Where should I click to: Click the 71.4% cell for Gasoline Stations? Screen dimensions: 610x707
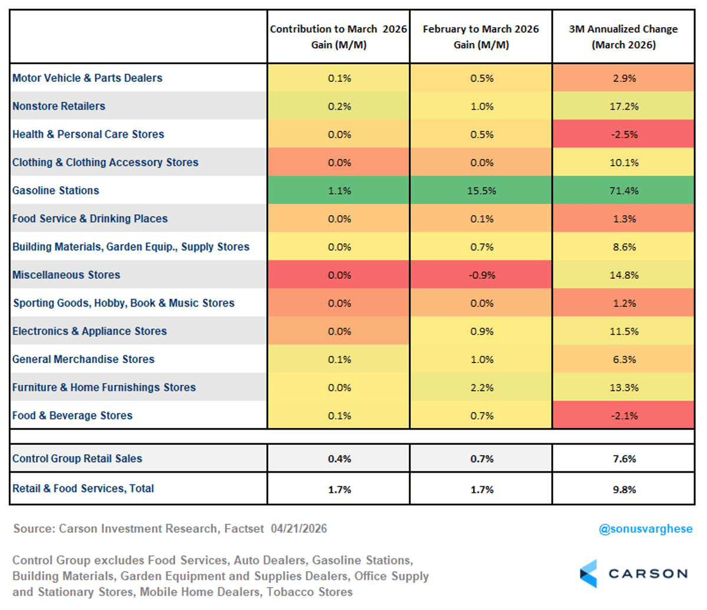tap(624, 190)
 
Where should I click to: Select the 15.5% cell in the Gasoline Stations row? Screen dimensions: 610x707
tap(481, 190)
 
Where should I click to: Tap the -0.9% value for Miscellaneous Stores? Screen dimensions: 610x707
tap(481, 275)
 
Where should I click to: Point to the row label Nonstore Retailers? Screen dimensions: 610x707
tap(59, 106)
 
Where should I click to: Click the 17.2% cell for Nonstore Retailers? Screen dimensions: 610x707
tap(624, 106)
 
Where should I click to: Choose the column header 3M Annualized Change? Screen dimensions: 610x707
tap(623, 37)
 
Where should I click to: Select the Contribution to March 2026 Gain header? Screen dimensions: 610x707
tap(339, 37)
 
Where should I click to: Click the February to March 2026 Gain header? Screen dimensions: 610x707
tap(481, 37)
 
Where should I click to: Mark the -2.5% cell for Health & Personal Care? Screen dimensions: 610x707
tap(624, 134)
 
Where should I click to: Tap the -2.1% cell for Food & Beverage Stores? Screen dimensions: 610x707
tap(624, 416)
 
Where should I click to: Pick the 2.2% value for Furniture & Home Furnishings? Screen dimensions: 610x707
tap(481, 387)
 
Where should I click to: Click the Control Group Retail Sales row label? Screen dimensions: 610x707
tap(77, 459)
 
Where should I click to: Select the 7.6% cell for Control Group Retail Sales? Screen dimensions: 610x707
tap(624, 459)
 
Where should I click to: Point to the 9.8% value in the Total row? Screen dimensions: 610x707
tap(624, 489)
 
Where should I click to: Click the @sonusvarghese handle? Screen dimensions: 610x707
tap(645, 529)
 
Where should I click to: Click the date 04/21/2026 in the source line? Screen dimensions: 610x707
tap(299, 529)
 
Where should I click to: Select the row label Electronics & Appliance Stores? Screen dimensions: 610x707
tap(90, 331)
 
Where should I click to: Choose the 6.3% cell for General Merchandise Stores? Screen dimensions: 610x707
tap(624, 360)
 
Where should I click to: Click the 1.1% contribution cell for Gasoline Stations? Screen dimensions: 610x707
tap(339, 190)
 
